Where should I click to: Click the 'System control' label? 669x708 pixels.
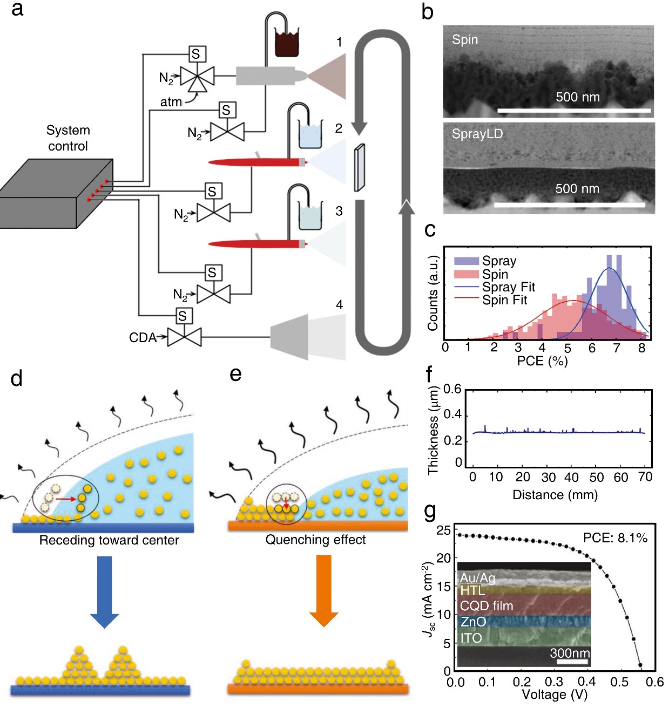click(68, 138)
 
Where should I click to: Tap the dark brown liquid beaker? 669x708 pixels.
click(286, 43)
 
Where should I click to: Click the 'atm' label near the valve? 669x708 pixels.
click(171, 103)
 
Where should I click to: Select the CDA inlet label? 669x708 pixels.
click(143, 337)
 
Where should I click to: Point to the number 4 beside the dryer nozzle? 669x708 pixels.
click(339, 305)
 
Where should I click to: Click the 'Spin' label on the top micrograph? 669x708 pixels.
click(464, 39)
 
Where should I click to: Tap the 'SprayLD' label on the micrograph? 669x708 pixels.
click(477, 134)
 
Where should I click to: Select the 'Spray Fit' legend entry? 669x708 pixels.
click(509, 287)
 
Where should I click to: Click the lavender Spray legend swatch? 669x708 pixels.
click(466, 261)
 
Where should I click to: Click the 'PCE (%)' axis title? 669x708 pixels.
click(542, 361)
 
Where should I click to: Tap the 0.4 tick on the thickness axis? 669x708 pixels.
click(452, 415)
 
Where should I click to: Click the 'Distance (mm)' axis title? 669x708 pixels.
click(555, 495)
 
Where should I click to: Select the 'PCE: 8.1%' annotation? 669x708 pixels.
click(615, 538)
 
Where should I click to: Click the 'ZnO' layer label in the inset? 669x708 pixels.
click(473, 622)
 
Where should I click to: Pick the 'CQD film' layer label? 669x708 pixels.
click(486, 605)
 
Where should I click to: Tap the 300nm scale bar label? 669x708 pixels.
click(570, 653)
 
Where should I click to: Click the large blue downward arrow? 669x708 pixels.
click(104, 591)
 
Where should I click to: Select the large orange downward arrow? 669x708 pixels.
click(323, 591)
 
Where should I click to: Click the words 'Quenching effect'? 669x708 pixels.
click(315, 540)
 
